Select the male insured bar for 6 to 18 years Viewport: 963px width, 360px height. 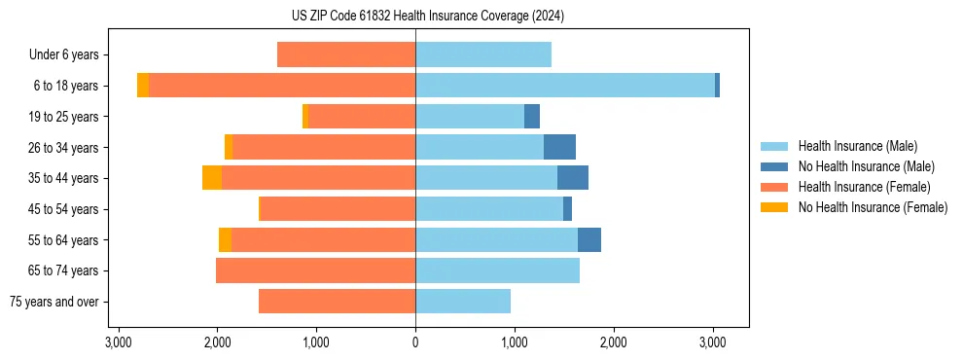click(564, 86)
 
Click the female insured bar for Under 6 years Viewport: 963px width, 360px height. click(346, 54)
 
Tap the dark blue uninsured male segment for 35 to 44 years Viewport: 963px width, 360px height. click(572, 178)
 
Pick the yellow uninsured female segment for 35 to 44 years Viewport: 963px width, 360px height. click(212, 178)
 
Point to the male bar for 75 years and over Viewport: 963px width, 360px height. click(463, 302)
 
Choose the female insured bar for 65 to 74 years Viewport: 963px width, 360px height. click(315, 270)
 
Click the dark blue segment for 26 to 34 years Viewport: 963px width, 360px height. click(559, 147)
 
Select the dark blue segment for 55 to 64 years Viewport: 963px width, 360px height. click(588, 239)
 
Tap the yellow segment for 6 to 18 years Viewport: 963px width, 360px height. click(143, 86)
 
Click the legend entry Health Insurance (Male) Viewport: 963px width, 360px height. click(857, 146)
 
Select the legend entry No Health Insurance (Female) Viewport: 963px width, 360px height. click(873, 207)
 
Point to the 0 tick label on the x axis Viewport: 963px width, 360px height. click(415, 343)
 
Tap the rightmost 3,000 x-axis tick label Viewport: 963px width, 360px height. click(712, 343)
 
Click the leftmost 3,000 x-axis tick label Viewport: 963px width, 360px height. click(118, 343)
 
